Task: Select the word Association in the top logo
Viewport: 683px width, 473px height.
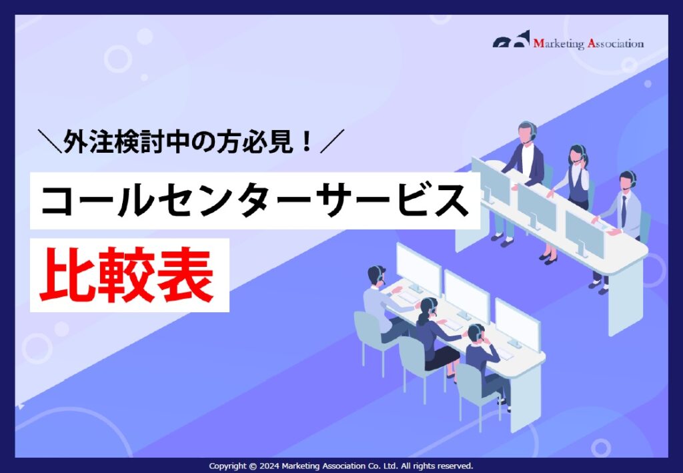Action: point(616,44)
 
